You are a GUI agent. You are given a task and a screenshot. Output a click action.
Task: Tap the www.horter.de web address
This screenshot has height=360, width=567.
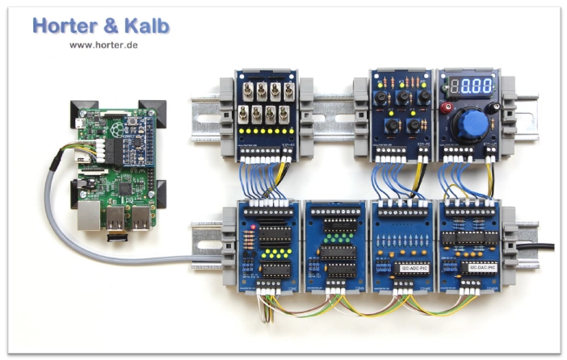[x=103, y=44]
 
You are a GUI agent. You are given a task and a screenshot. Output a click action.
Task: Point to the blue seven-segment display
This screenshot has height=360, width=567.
[x=471, y=86]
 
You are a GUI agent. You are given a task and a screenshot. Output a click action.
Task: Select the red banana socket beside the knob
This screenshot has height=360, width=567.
[x=445, y=106]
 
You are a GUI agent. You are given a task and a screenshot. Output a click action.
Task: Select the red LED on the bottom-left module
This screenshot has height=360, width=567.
[x=254, y=228]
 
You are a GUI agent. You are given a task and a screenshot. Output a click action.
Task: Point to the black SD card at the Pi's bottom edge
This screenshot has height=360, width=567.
[x=118, y=237]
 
